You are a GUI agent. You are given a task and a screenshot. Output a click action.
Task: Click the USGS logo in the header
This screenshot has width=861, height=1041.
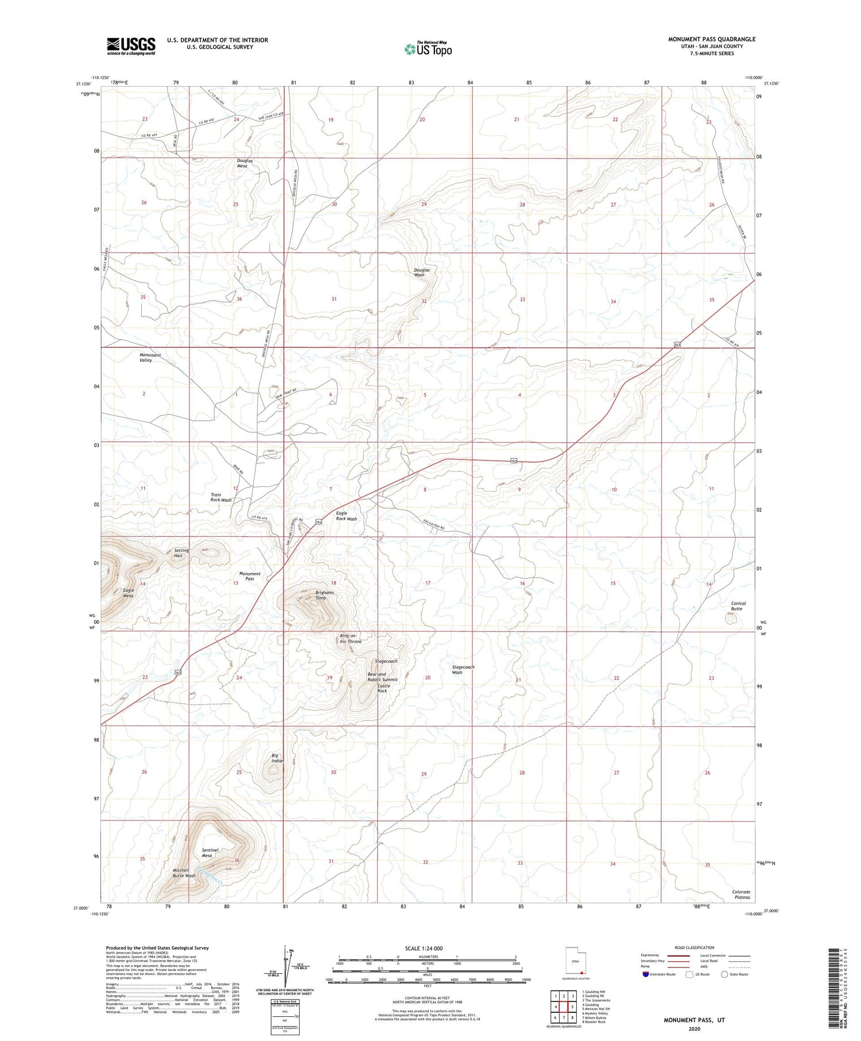131,46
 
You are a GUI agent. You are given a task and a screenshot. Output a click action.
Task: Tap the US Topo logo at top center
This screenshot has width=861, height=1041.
428,49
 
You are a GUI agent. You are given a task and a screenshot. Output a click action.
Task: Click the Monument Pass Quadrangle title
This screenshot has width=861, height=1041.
711,39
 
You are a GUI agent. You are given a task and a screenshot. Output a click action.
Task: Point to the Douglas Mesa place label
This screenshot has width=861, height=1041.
245,163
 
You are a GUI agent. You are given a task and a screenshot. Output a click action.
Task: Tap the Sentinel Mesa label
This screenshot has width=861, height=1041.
207,853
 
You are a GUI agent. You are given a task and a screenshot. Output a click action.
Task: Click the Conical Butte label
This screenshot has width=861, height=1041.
738,606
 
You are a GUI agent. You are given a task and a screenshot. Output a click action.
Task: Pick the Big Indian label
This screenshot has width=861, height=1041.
277,758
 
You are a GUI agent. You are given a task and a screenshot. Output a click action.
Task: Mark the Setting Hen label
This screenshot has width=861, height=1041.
181,553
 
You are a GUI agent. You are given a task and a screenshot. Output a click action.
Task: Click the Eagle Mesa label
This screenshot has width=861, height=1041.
128,593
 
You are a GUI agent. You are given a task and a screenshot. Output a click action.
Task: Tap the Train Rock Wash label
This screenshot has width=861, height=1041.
221,497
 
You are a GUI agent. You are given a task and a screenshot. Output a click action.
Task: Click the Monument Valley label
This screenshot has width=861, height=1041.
150,357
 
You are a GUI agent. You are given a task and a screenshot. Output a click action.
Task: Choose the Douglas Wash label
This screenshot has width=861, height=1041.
421,272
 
